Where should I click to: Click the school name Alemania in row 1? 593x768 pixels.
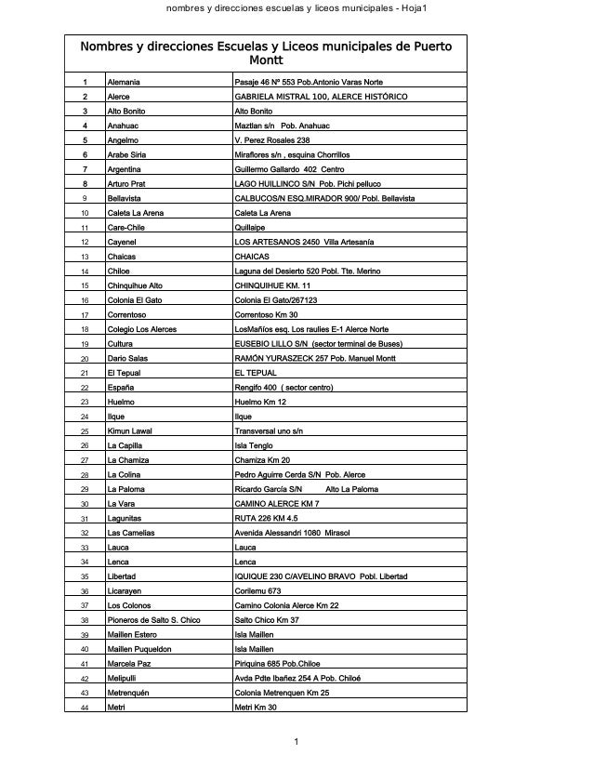124,83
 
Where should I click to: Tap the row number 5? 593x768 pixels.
85,140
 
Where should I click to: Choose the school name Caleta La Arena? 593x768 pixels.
136,213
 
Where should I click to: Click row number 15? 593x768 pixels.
85,285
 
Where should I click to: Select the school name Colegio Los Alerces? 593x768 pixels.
142,329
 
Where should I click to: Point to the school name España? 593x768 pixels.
121,387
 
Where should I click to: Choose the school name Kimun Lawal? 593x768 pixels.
129,430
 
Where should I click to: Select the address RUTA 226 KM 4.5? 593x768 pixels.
267,518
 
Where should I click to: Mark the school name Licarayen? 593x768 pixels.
125,590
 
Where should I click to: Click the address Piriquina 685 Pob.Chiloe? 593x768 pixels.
284,663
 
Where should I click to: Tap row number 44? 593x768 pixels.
85,708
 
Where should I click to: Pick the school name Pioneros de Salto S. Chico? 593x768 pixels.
153,619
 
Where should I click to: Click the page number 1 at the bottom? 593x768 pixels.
296,742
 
